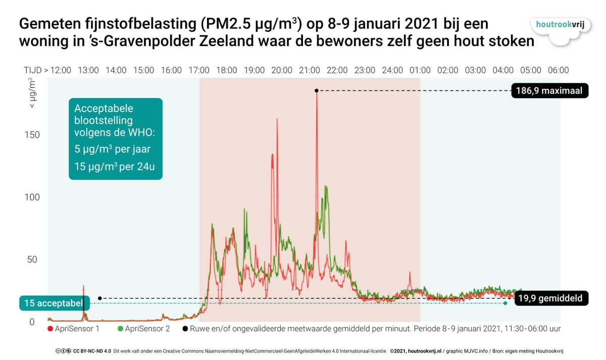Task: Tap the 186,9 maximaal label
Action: point(549,91)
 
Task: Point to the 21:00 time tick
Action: point(309,70)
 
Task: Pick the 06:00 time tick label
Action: point(558,70)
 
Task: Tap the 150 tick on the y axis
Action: point(31,135)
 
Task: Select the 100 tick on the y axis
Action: point(31,197)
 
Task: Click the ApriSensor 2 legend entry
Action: point(144,329)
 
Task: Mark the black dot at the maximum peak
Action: point(316,90)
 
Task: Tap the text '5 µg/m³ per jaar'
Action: point(112,149)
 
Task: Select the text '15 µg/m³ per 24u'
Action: point(114,167)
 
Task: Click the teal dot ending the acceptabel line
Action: point(505,303)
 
